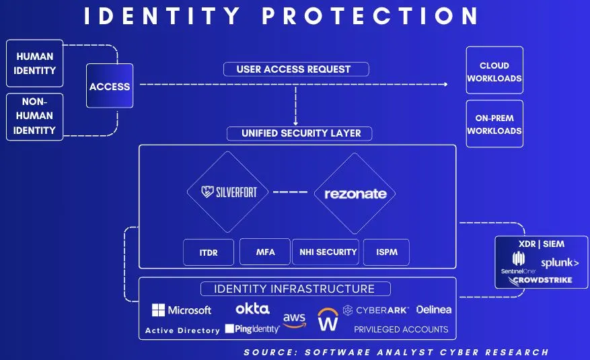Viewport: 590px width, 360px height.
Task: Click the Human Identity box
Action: (x=34, y=63)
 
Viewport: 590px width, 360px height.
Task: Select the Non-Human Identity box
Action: (x=34, y=116)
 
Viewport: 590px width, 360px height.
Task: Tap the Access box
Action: (x=110, y=85)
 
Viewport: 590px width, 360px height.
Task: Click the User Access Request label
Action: (x=293, y=69)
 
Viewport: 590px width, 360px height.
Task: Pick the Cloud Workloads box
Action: (x=494, y=72)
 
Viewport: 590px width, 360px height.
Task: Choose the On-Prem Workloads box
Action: (x=494, y=124)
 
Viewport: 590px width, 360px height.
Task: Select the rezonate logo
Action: (x=355, y=194)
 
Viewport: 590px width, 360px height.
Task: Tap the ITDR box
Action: (x=209, y=252)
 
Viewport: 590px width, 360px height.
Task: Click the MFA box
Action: (x=265, y=252)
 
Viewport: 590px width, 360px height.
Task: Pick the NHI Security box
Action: (x=328, y=252)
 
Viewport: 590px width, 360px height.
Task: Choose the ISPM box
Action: (x=386, y=252)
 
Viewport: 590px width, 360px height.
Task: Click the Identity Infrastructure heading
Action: (x=297, y=289)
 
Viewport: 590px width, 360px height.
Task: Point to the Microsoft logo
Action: (x=182, y=310)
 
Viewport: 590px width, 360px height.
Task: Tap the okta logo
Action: (x=252, y=309)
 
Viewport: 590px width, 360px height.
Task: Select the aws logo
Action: (x=294, y=320)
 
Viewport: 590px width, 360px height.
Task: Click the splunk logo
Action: (x=559, y=262)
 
